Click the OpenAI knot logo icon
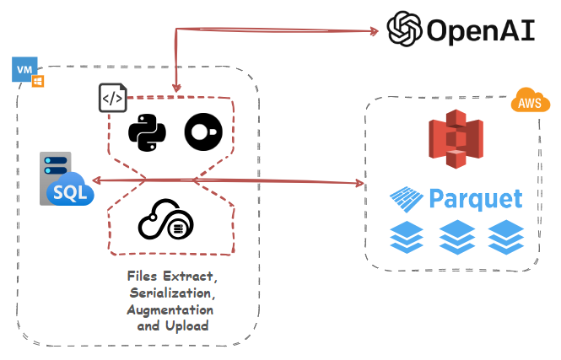[404, 28]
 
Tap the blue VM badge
[25, 69]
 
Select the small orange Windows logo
[38, 82]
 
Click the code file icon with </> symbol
[112, 99]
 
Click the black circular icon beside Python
[204, 131]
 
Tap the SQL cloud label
[70, 192]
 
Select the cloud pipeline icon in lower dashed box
[166, 222]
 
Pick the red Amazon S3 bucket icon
[455, 140]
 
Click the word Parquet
[475, 199]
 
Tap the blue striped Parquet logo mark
[407, 199]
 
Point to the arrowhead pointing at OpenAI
[372, 32]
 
